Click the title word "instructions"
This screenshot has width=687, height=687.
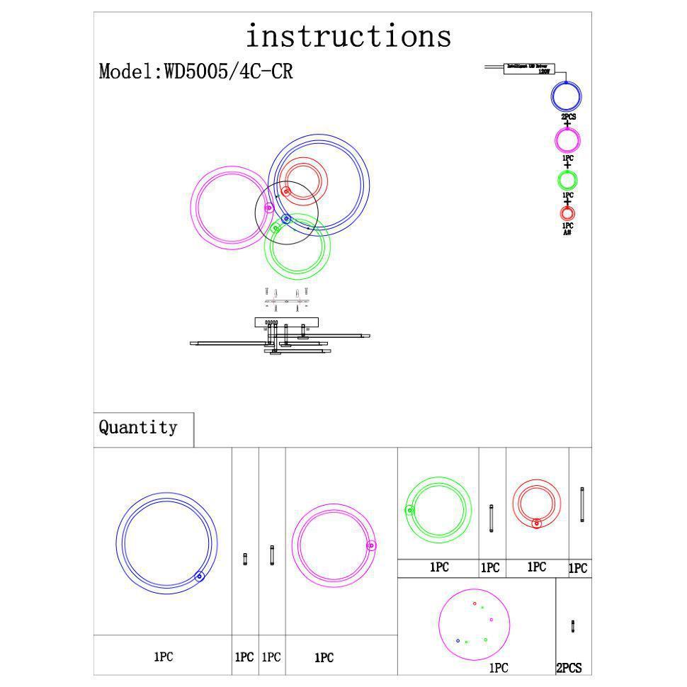coord(348,35)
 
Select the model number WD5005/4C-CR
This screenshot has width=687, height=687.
coord(228,72)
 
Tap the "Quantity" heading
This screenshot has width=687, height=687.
coord(138,428)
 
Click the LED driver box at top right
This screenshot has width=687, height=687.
coord(529,69)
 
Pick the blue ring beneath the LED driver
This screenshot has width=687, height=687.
coord(567,96)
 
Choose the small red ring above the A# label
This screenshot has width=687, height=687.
coord(567,212)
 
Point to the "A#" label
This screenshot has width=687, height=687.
coord(567,232)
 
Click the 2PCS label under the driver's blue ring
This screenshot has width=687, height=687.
coord(567,116)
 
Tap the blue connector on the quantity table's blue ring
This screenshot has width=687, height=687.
coord(200,577)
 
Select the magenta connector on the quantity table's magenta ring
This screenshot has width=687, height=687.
coord(371,545)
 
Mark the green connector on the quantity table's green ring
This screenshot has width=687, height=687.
coord(409,509)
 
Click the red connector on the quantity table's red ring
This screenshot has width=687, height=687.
coord(536,523)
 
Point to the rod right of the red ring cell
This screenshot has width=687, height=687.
coord(582,505)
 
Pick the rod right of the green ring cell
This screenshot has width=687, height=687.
coord(492,518)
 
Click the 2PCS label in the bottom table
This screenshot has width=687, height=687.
coord(569,668)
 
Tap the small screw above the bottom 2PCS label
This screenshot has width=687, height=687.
coord(572,626)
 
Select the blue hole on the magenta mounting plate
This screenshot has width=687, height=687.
coord(458,640)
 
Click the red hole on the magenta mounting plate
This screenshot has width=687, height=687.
coord(475,603)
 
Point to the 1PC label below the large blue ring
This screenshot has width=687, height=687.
coord(163,657)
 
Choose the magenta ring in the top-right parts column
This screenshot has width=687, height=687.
coord(567,139)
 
